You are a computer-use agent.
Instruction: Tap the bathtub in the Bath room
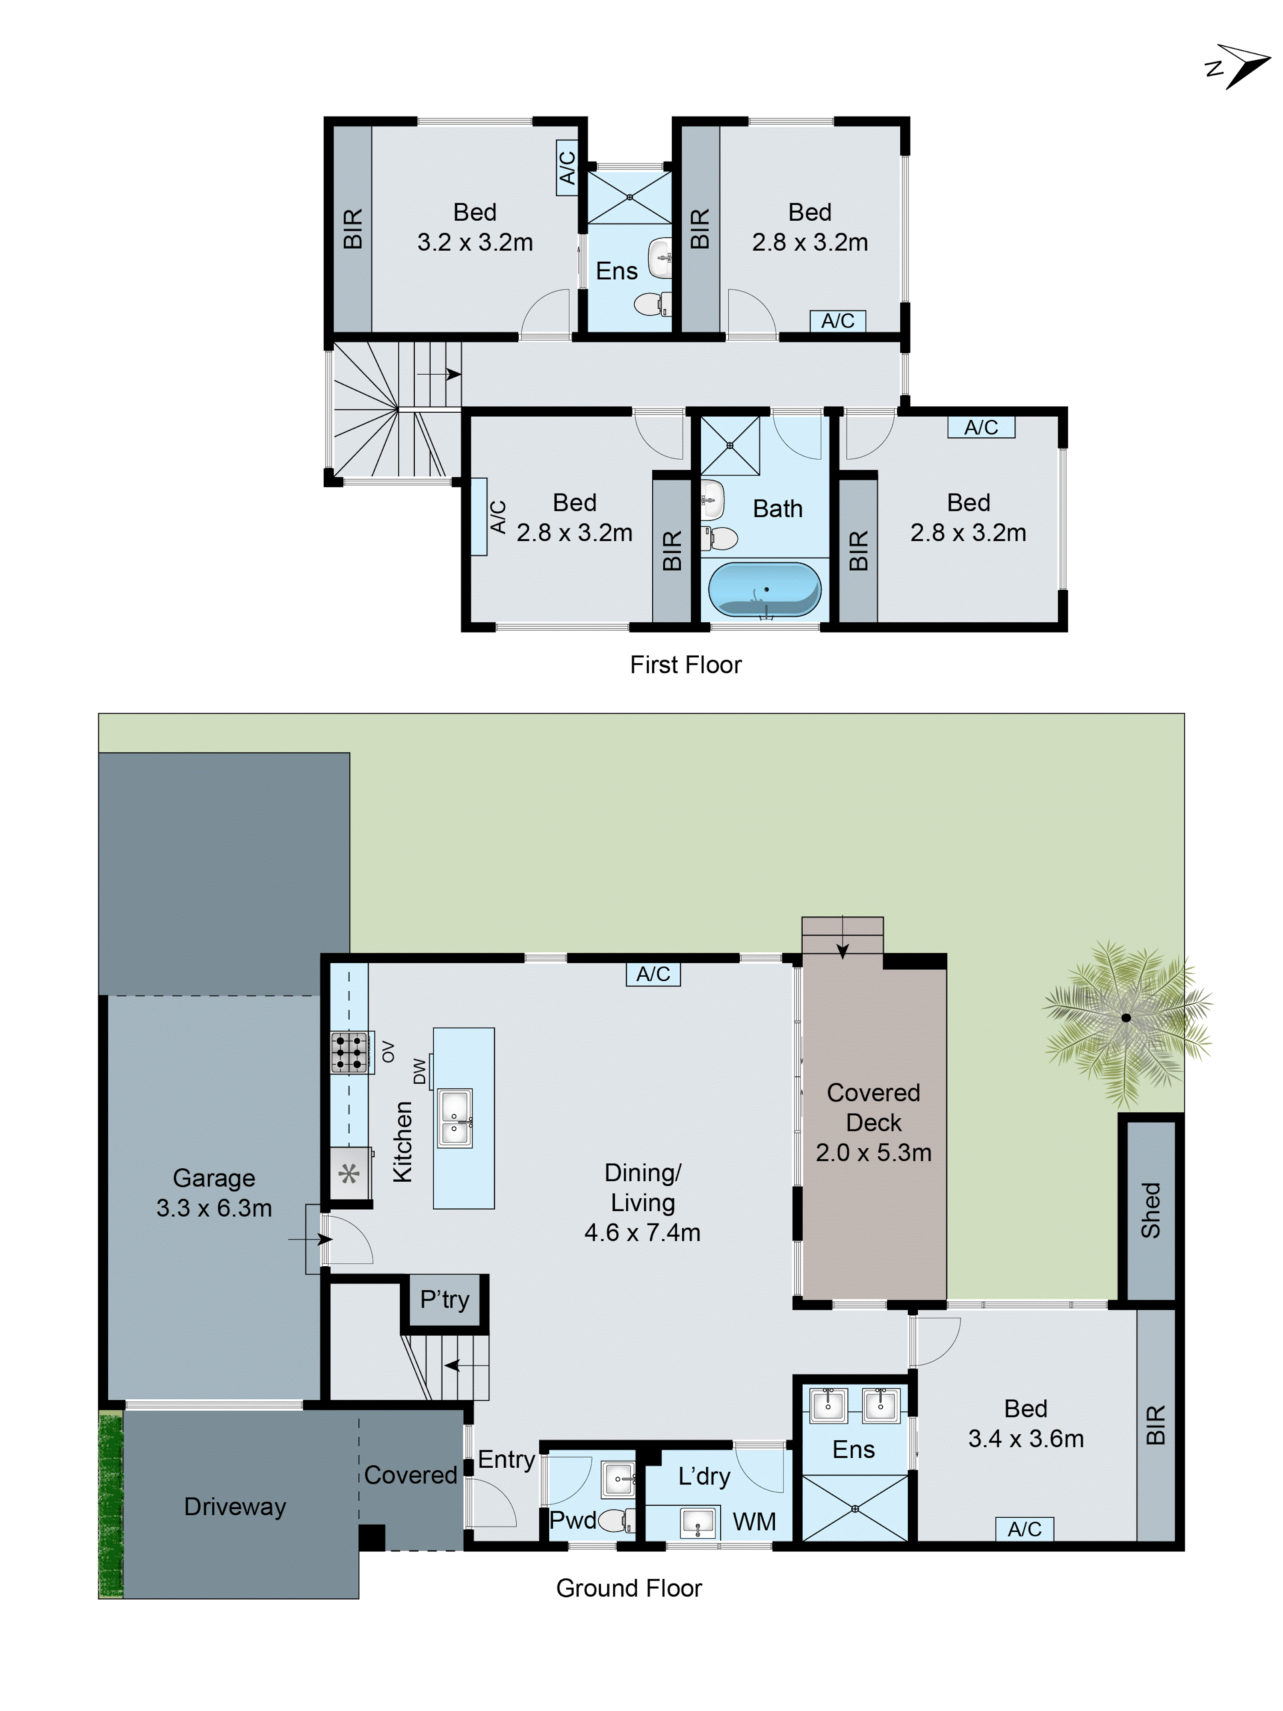(x=764, y=589)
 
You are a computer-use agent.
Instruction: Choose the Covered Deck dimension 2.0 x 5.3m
(x=873, y=1152)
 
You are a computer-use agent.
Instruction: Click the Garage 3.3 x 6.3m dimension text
(x=214, y=1208)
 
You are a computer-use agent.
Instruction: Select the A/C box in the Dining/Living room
(x=653, y=974)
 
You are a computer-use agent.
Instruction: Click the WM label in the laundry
(x=754, y=1522)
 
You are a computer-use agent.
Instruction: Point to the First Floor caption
(x=685, y=665)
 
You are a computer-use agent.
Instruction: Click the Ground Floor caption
(x=629, y=1588)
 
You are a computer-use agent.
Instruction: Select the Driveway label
(x=235, y=1506)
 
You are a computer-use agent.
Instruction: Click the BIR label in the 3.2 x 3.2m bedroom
(x=352, y=228)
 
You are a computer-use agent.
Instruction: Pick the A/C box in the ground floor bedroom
(x=1024, y=1528)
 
